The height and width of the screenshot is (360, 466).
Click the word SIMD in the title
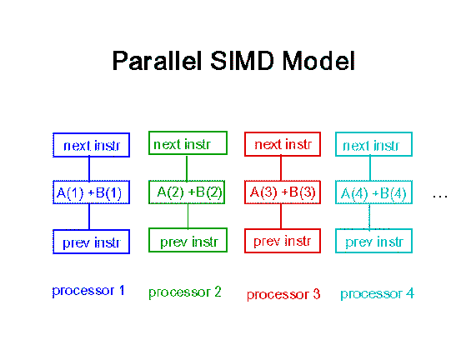[242, 61]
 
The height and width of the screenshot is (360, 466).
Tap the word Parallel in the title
[158, 61]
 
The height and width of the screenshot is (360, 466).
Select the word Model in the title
[318, 61]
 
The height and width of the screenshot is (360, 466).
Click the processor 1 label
[88, 291]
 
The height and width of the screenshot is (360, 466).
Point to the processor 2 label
[185, 292]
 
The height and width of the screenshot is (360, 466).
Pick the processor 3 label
[283, 295]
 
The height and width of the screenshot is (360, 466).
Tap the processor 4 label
[377, 294]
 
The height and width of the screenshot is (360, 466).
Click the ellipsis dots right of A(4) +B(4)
[440, 196]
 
